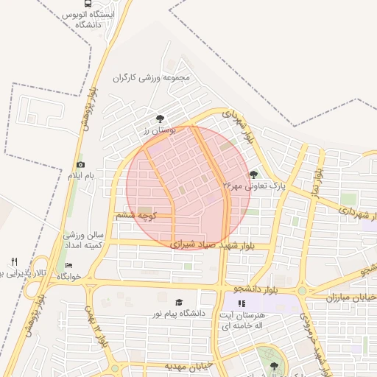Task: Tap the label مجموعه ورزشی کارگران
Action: [152, 77]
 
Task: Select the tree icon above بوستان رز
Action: [161, 119]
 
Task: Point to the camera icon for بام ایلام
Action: [80, 164]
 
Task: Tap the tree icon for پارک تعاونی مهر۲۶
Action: [254, 175]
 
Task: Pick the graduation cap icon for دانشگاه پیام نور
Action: [178, 303]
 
